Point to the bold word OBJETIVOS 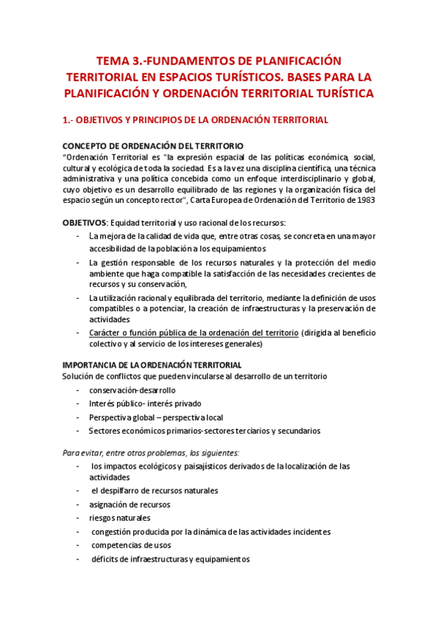pos(84,223)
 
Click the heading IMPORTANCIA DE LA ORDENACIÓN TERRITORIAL pos(152,365)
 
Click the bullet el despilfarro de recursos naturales pos(154,491)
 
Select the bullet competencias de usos pos(132,546)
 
